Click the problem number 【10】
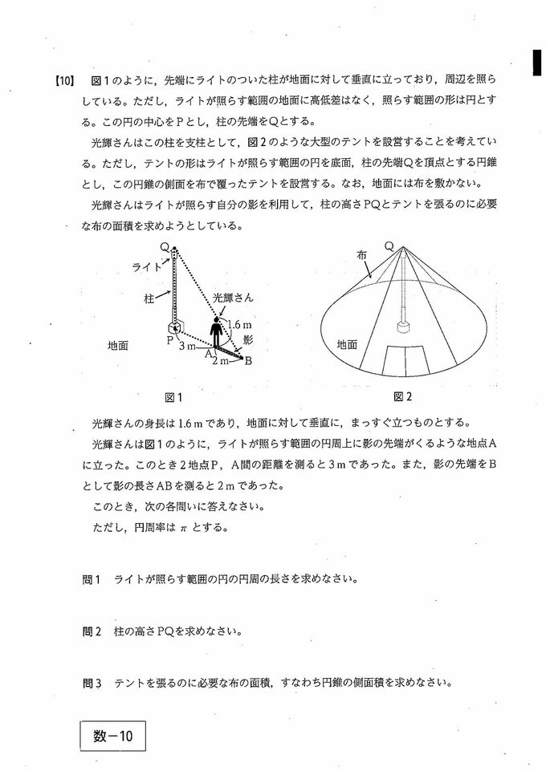click(x=64, y=80)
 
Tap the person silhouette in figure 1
click(x=215, y=332)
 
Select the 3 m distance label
click(x=186, y=346)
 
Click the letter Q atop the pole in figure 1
click(x=164, y=248)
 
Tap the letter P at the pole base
click(x=170, y=340)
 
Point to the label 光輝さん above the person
click(x=234, y=297)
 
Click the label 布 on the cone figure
click(x=362, y=254)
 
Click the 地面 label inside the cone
click(x=347, y=344)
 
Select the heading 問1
click(x=93, y=578)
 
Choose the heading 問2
click(x=93, y=631)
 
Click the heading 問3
click(x=93, y=684)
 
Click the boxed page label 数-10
click(x=112, y=736)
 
